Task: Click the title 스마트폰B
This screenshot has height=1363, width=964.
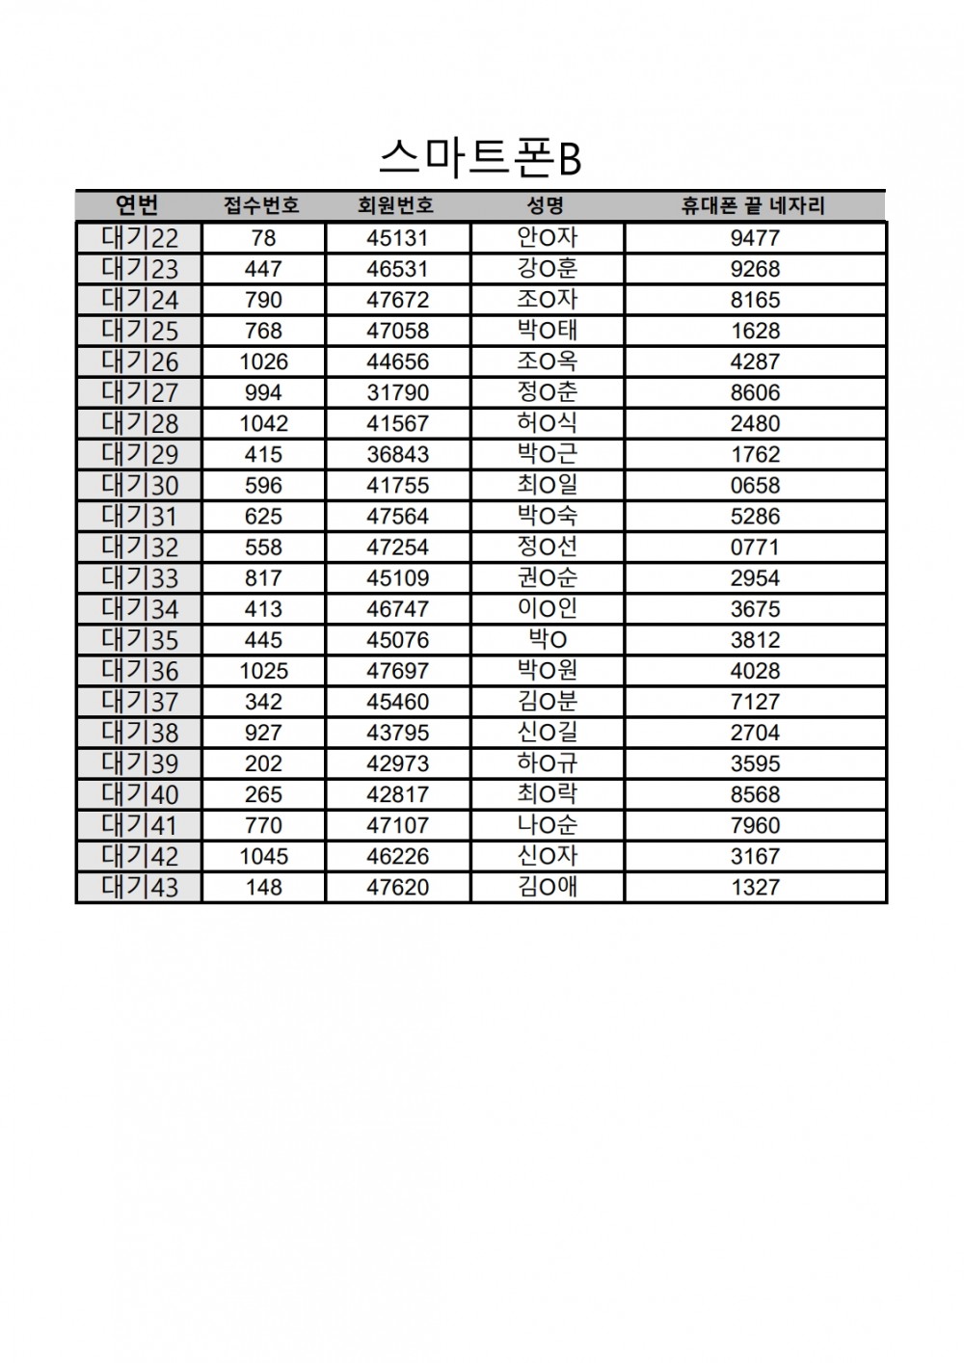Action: (480, 158)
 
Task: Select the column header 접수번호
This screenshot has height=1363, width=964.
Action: (261, 205)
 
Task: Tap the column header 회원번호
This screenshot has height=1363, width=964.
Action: (396, 205)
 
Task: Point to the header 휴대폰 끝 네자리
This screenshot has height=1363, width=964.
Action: (754, 205)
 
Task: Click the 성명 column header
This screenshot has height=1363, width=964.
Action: (546, 205)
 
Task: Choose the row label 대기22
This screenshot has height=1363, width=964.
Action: (140, 238)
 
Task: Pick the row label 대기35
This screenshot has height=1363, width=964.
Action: (140, 640)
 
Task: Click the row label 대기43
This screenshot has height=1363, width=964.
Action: (140, 887)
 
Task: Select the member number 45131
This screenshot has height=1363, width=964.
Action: (397, 238)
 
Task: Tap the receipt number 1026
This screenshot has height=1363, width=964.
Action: (263, 361)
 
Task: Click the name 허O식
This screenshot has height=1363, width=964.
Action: (547, 423)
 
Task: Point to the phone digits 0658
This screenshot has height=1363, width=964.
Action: (755, 485)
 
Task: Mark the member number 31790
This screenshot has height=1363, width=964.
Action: (397, 392)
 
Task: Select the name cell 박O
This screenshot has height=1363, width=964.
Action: (547, 640)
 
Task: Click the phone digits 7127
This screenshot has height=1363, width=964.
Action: (755, 702)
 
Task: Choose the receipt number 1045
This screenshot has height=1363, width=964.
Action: (263, 856)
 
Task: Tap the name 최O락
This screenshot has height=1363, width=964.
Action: (547, 794)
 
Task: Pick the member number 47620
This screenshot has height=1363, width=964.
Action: (397, 887)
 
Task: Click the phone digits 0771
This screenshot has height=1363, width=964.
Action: (755, 547)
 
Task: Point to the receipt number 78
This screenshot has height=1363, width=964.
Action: (263, 238)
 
